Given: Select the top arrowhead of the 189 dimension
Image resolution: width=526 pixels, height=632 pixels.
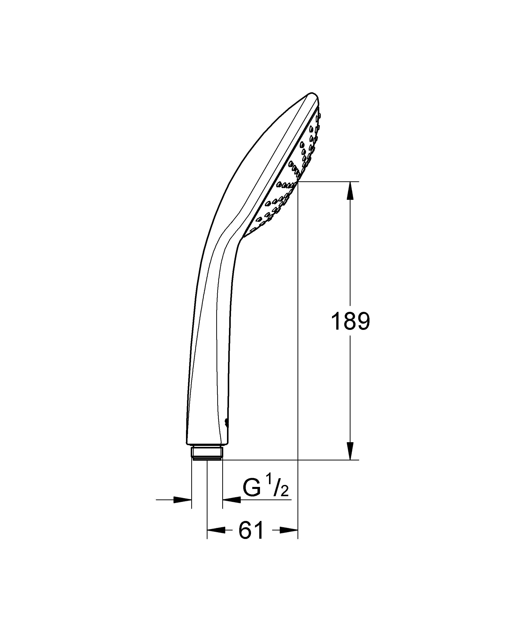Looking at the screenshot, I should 350,191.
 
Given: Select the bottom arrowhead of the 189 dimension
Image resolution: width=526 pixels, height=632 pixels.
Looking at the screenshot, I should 350,450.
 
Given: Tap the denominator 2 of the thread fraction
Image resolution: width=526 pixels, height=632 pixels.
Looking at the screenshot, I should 284,500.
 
